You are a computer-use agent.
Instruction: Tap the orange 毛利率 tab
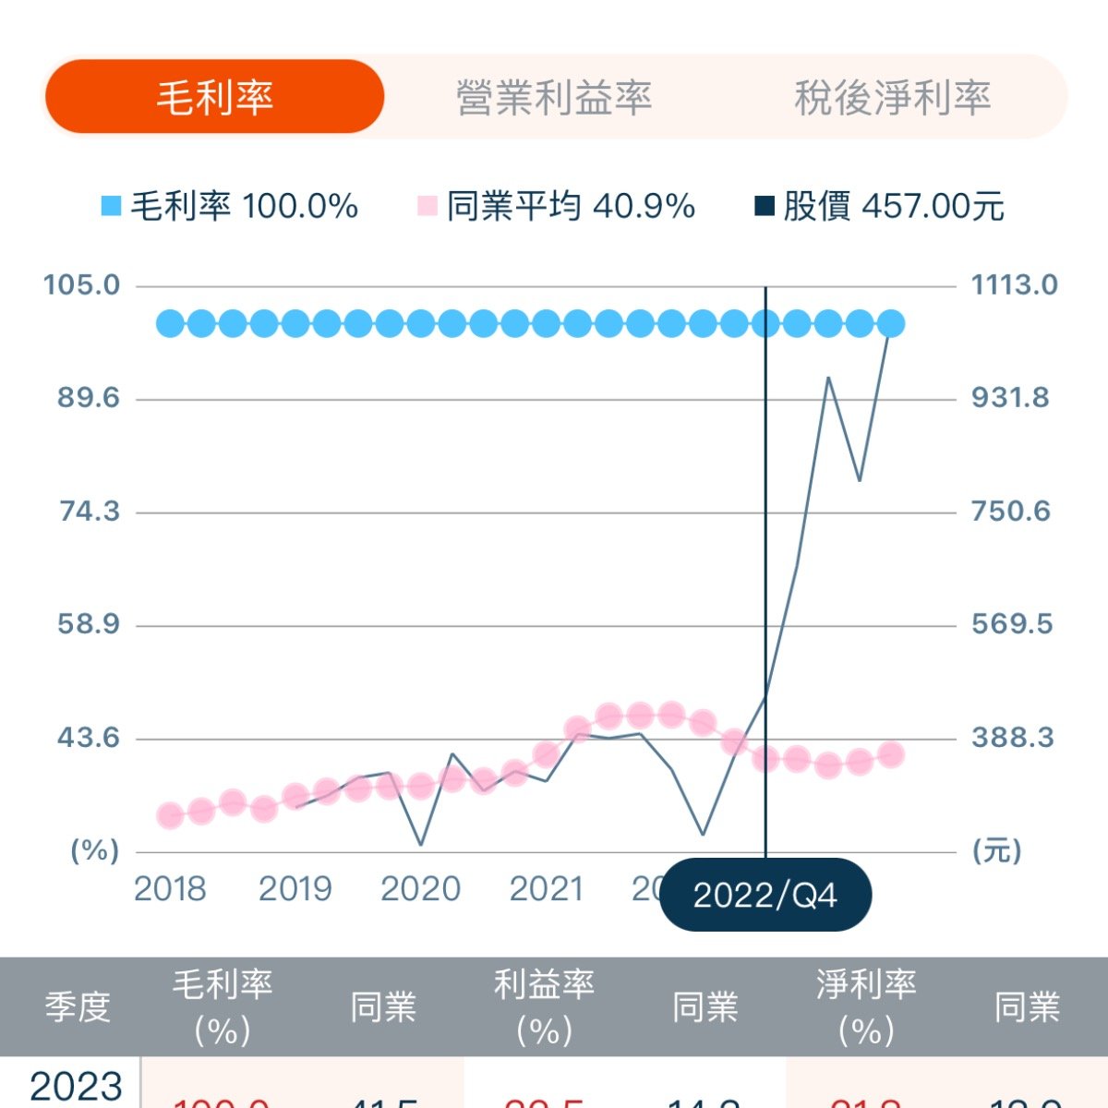click(x=214, y=97)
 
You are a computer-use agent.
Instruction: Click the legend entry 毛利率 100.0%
click(x=230, y=206)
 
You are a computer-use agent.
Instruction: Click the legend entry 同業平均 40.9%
click(x=557, y=206)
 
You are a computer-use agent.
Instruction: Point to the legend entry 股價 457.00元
click(x=880, y=206)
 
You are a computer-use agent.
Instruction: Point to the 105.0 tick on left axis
click(x=82, y=284)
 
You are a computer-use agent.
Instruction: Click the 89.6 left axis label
click(x=89, y=398)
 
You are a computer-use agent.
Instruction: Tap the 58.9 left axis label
click(x=89, y=624)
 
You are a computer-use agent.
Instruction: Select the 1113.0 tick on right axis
click(x=1014, y=284)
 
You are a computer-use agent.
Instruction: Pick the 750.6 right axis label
click(x=1010, y=512)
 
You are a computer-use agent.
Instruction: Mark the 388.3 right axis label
click(x=1012, y=738)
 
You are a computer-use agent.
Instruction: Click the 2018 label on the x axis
click(x=170, y=889)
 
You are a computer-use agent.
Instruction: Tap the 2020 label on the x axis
click(x=420, y=889)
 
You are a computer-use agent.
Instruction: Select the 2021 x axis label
click(x=546, y=889)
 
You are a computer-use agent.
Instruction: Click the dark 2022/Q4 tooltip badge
click(x=765, y=895)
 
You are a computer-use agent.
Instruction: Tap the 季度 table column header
click(x=78, y=1006)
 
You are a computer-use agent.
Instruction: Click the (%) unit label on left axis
click(x=95, y=850)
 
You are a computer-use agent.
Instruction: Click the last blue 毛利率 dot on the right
click(x=891, y=324)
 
